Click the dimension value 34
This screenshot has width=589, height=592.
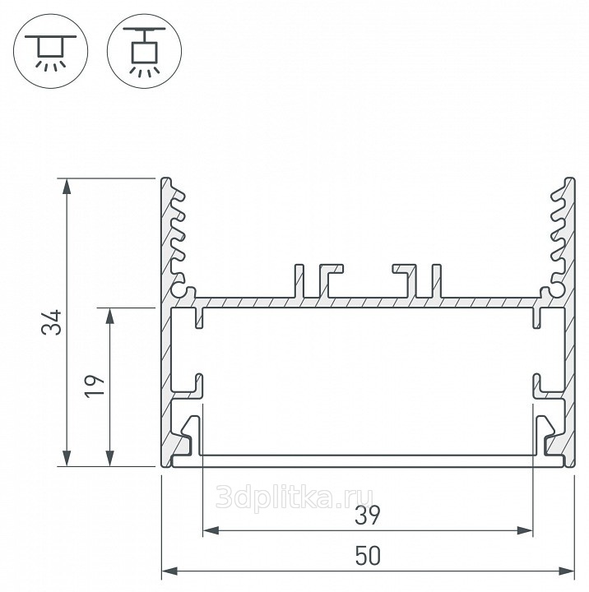pyautogui.click(x=51, y=322)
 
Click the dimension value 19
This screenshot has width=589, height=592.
pyautogui.click(x=94, y=386)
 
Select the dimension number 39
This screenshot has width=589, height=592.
pyautogui.click(x=368, y=516)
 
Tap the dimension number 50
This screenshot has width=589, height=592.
pyautogui.click(x=368, y=555)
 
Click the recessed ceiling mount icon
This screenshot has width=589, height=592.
pyautogui.click(x=51, y=51)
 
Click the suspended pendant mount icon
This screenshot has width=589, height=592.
pyautogui.click(x=144, y=51)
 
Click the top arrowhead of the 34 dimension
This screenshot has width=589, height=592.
pyautogui.click(x=67, y=186)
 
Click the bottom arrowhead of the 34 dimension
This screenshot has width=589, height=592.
pyautogui.click(x=67, y=458)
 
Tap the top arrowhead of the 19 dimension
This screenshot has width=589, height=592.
pyautogui.click(x=110, y=316)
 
